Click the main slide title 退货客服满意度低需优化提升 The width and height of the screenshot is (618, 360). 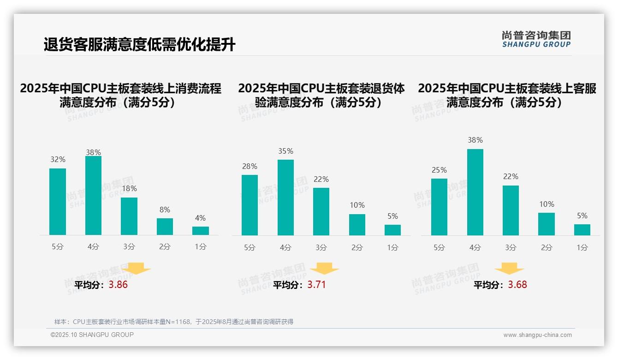(139, 45)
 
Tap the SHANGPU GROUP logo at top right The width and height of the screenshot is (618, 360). (536, 39)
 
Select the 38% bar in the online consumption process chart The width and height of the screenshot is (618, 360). (93, 196)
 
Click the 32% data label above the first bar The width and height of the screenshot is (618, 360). (58, 160)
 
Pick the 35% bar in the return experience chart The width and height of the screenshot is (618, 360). (285, 198)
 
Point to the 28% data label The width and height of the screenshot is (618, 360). (250, 167)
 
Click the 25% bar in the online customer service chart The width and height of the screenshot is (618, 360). (439, 207)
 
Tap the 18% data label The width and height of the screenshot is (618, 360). (129, 189)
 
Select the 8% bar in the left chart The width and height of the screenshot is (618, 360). (165, 227)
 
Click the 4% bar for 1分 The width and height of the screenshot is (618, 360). (201, 231)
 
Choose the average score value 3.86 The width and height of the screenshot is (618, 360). (118, 285)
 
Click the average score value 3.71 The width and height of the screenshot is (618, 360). (316, 285)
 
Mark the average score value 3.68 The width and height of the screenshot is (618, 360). (517, 285)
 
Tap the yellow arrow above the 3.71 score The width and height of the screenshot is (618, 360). (324, 268)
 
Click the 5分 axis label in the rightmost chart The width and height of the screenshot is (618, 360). (439, 248)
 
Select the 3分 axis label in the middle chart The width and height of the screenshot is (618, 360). (321, 248)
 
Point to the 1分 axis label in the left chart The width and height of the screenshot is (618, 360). (201, 247)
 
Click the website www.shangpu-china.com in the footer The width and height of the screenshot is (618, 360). (537, 335)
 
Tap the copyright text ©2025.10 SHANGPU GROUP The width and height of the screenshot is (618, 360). (92, 335)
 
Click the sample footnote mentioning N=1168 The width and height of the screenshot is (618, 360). (174, 322)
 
